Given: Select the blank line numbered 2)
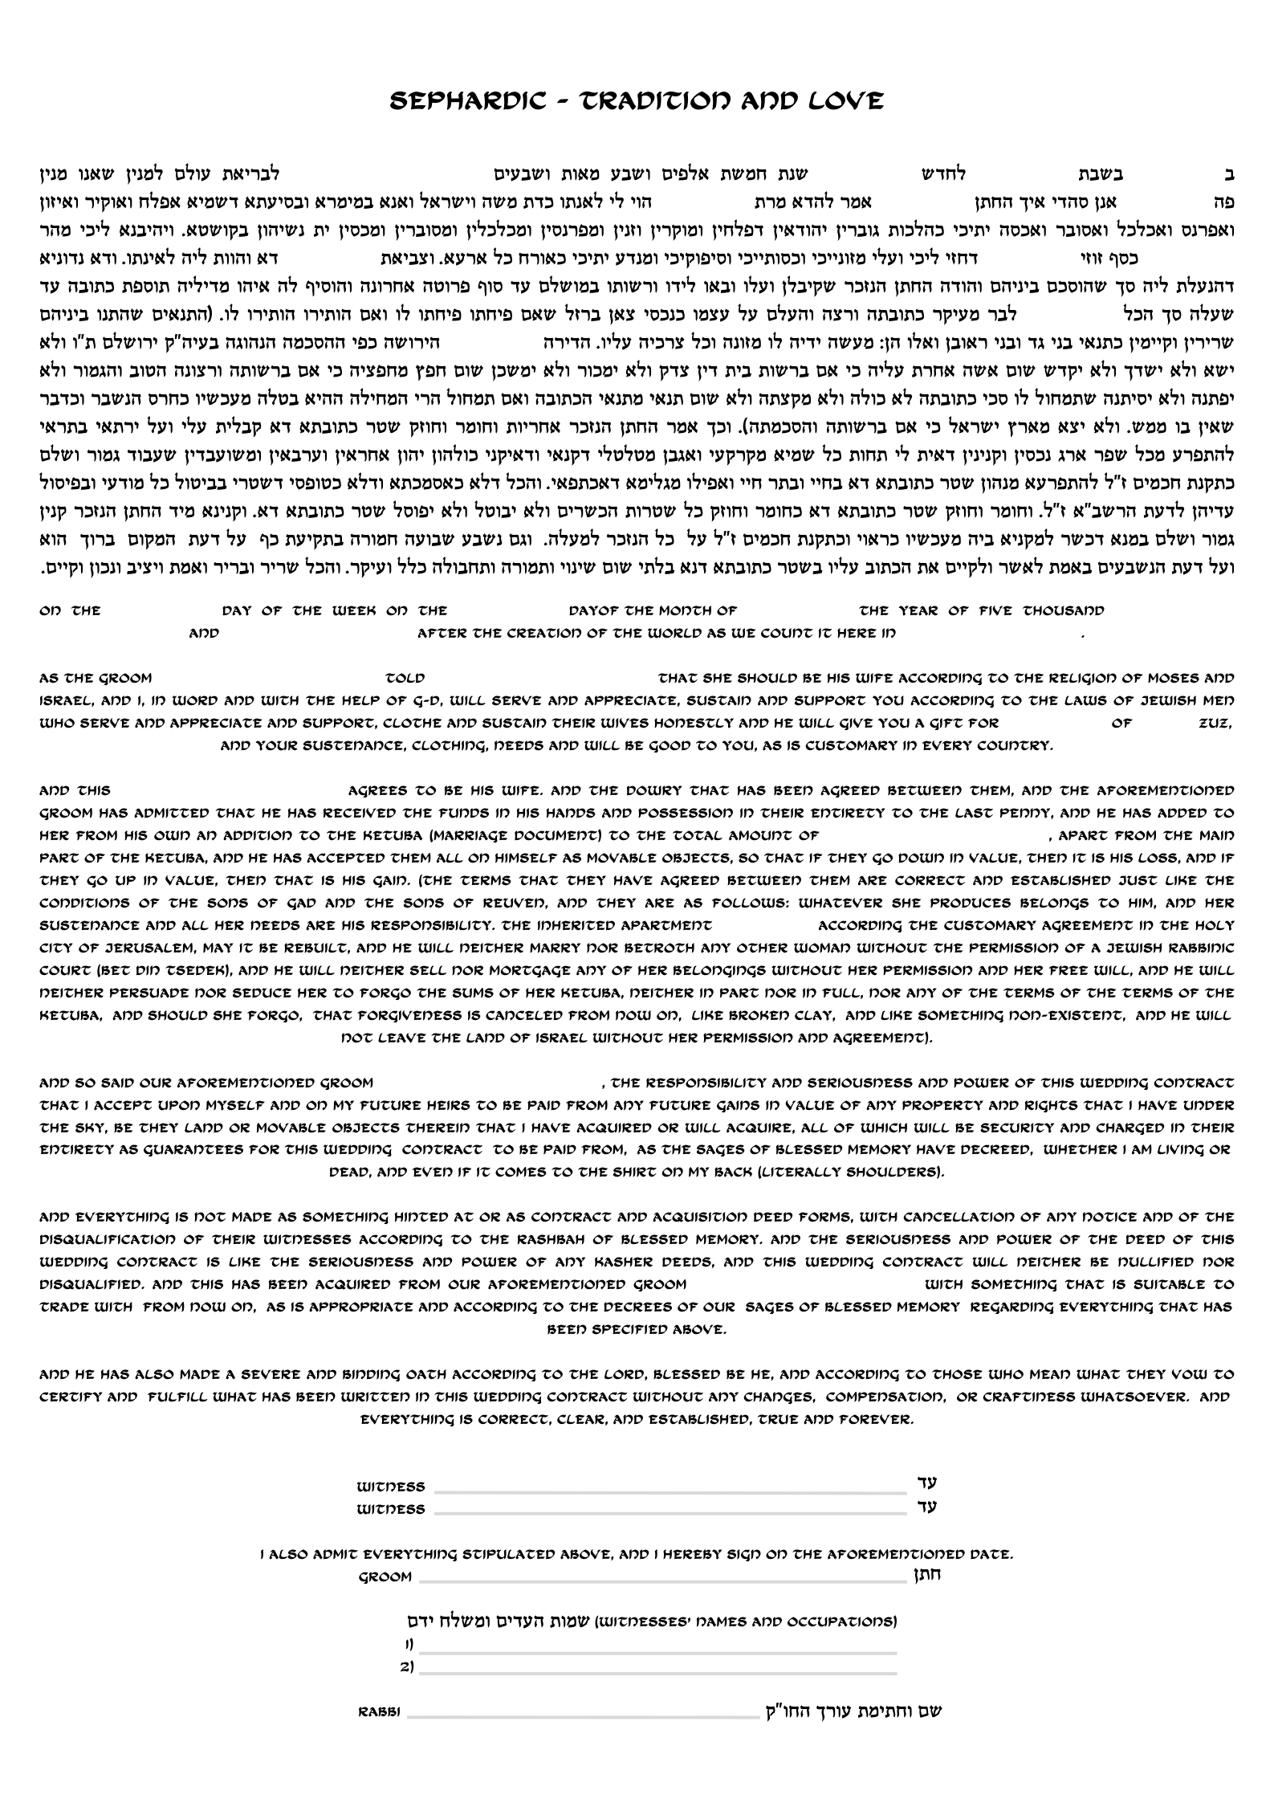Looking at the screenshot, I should click(x=658, y=1667).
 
